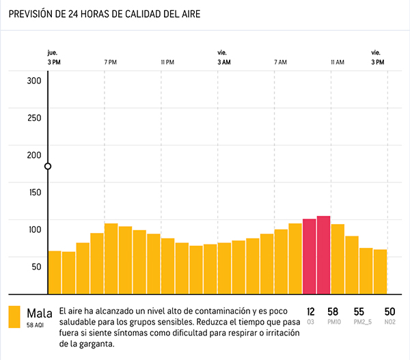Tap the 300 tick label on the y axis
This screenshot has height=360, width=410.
coord(34,80)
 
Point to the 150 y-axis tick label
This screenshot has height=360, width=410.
coord(34,192)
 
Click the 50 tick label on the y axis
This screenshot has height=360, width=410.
coord(36,266)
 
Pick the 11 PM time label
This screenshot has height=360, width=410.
coord(167,62)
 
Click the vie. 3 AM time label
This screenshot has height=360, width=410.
coord(223,57)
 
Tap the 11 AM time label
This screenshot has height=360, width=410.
coord(337,62)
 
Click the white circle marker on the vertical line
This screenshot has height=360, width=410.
coord(48,166)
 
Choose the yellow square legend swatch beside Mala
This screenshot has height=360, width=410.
coord(14,317)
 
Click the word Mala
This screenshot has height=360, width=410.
coord(40,313)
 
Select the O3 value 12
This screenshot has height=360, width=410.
coord(311,311)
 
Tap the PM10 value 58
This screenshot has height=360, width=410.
coord(333,311)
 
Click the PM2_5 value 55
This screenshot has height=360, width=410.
coord(359,311)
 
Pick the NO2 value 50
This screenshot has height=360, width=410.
coord(389,311)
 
